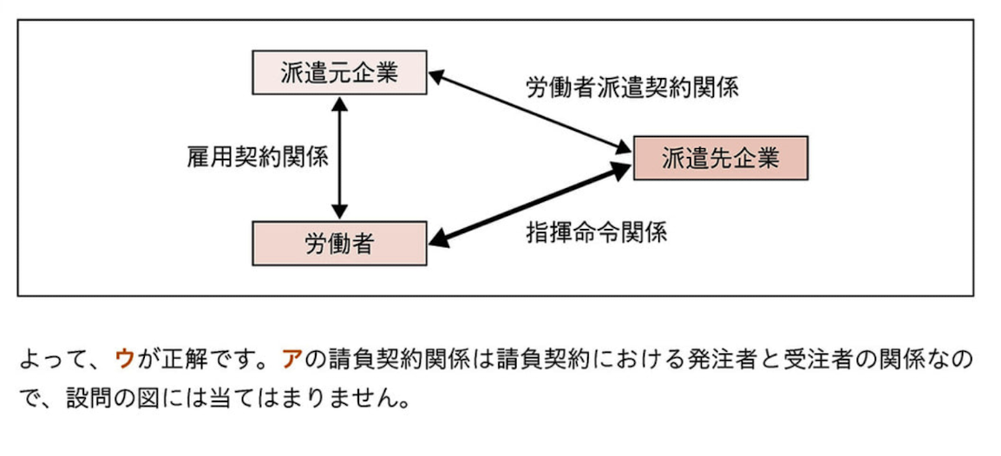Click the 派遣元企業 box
coord(339,73)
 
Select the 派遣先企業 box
coord(720,158)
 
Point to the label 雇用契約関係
coord(257,158)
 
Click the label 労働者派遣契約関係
coord(631,88)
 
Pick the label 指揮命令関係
coord(596,232)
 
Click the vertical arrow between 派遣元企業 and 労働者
coord(339,158)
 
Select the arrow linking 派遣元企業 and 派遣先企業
coord(530,115)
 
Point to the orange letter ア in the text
coord(291,358)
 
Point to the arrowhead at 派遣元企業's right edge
coord(436,77)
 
